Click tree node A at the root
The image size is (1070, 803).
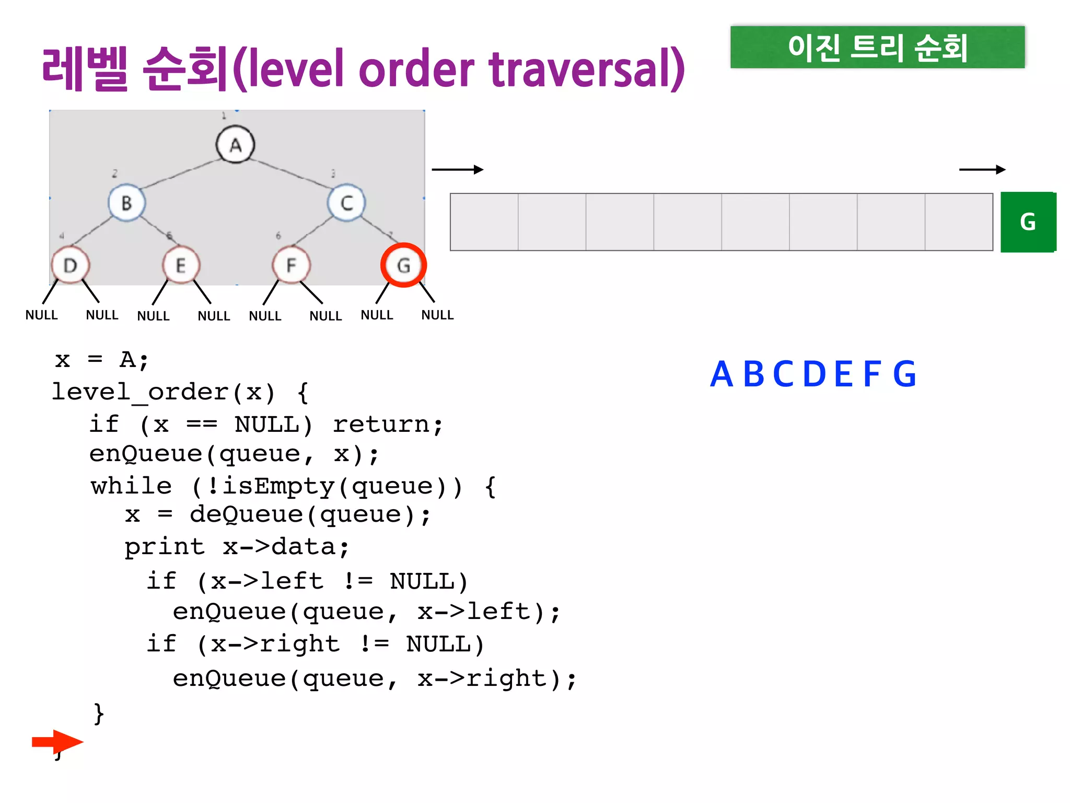pos(236,145)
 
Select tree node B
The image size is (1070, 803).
pos(126,203)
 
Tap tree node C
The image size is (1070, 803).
pos(346,203)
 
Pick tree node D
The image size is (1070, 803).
pos(71,266)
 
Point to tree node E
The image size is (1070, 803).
pos(181,266)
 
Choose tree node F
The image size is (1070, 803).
pos(291,266)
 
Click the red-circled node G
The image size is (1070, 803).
pos(403,266)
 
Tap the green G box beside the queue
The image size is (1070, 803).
pos(1028,222)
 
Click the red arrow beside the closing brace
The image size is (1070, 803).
pos(57,741)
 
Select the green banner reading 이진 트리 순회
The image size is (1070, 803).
pos(877,47)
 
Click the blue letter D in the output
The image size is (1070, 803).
pos(814,374)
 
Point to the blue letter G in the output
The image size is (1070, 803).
pos(904,374)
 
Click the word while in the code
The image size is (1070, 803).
pos(131,486)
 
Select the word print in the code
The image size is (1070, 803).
pos(165,547)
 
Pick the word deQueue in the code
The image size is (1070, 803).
pos(246,515)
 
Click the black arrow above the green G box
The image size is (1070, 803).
pos(982,169)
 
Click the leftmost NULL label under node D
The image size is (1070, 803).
pos(42,315)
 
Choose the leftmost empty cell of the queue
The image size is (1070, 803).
pos(484,222)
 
